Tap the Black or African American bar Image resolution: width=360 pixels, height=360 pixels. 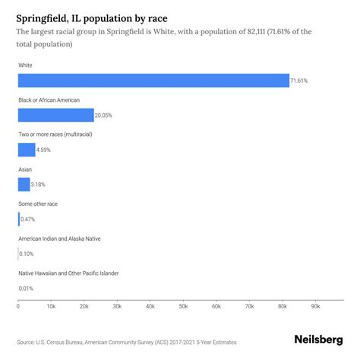55,115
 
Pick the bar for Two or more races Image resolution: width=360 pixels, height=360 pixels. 27,150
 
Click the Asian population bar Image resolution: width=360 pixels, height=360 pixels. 24,184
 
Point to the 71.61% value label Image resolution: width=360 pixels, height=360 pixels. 301,81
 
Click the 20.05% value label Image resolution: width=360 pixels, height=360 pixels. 105,115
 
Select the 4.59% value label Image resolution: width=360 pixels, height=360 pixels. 46,150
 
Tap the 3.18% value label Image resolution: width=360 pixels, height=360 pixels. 42,184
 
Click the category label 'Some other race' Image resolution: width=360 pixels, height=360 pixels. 38,204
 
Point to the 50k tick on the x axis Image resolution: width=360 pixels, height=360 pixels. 183,307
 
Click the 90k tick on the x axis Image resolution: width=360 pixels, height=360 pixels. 315,307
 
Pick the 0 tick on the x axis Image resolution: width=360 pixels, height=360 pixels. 18,307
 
